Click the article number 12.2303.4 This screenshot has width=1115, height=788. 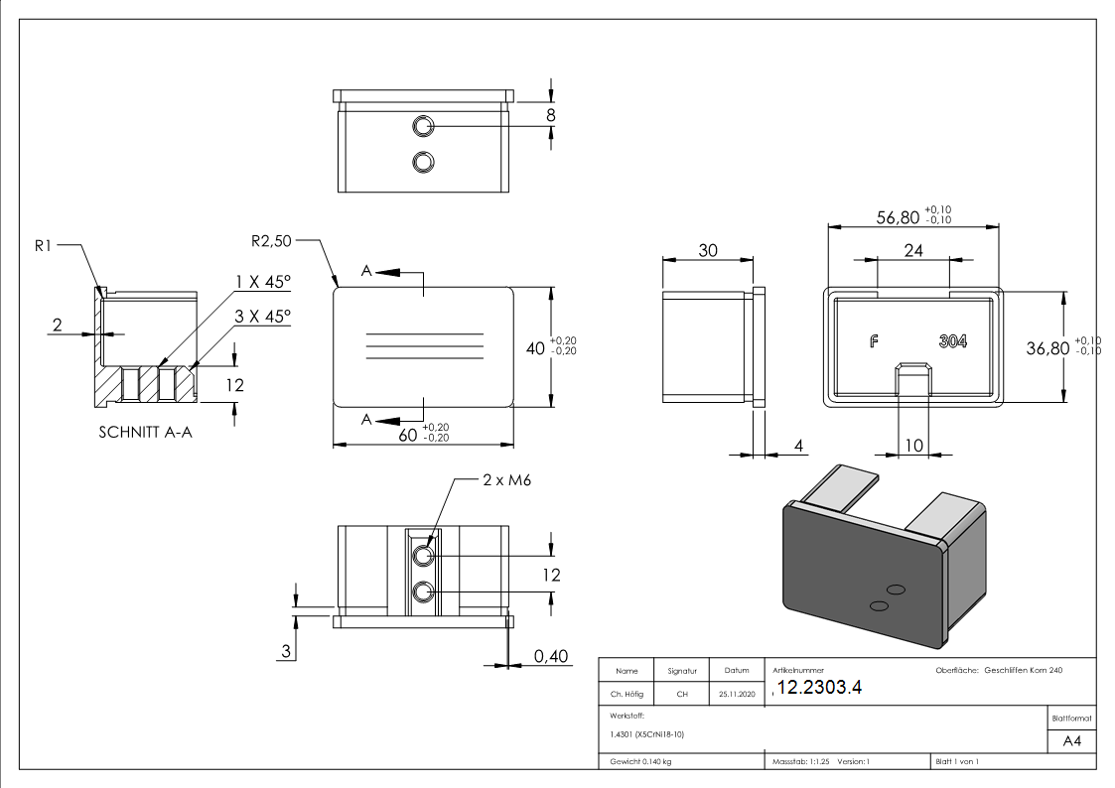tap(821, 688)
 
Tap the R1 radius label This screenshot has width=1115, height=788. tap(43, 246)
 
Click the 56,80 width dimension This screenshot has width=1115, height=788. tap(898, 217)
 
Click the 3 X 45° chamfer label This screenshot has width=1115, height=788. tap(263, 317)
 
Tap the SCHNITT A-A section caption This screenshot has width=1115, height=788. tap(146, 433)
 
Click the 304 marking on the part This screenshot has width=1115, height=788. tap(953, 341)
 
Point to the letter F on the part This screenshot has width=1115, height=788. tap(874, 341)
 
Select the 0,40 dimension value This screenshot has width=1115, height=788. tap(551, 656)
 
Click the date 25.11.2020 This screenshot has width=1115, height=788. tap(736, 695)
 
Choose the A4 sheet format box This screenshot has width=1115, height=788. tap(1071, 741)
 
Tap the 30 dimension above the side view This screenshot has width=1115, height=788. tap(708, 251)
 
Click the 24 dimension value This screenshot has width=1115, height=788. tap(913, 250)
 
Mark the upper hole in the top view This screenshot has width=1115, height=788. tap(424, 125)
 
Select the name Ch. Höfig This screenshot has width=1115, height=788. tap(626, 695)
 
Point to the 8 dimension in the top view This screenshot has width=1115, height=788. tap(551, 115)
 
